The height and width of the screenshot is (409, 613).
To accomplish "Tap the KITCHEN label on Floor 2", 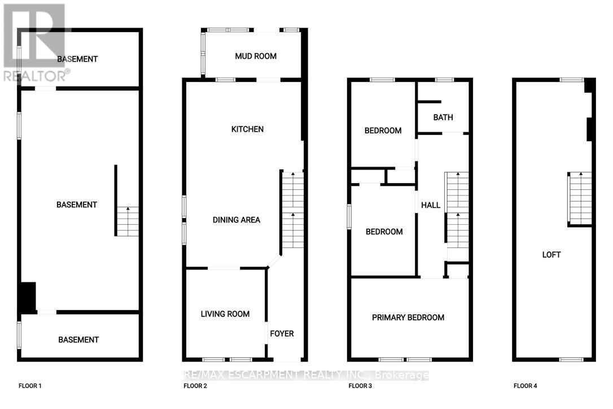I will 247,129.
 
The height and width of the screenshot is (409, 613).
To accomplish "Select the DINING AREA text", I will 237,220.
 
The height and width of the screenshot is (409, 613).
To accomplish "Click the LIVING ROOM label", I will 225,314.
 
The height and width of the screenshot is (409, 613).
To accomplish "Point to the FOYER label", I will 282,334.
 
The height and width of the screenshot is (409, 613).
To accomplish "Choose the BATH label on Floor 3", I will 443,118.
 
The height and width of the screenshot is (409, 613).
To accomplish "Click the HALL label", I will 431,205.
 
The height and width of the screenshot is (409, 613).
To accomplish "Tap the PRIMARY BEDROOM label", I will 408,317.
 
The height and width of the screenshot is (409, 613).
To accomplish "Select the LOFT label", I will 551,255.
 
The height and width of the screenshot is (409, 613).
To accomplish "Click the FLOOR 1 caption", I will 30,386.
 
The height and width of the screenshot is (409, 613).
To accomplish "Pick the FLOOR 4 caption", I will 526,386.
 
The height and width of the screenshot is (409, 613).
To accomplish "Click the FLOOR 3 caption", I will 360,386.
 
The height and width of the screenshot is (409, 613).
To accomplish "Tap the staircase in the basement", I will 128,221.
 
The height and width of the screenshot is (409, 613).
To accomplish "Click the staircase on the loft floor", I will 580,198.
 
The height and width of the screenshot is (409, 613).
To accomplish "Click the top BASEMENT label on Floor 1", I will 77,59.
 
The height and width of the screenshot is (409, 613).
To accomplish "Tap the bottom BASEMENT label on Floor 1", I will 78,340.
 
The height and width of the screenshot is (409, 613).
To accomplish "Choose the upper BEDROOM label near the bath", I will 383,130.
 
